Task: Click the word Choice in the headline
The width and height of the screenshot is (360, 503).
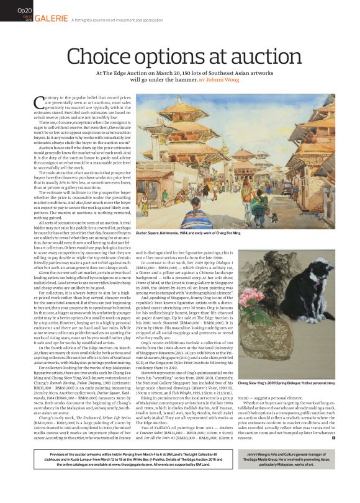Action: [x=100, y=57]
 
